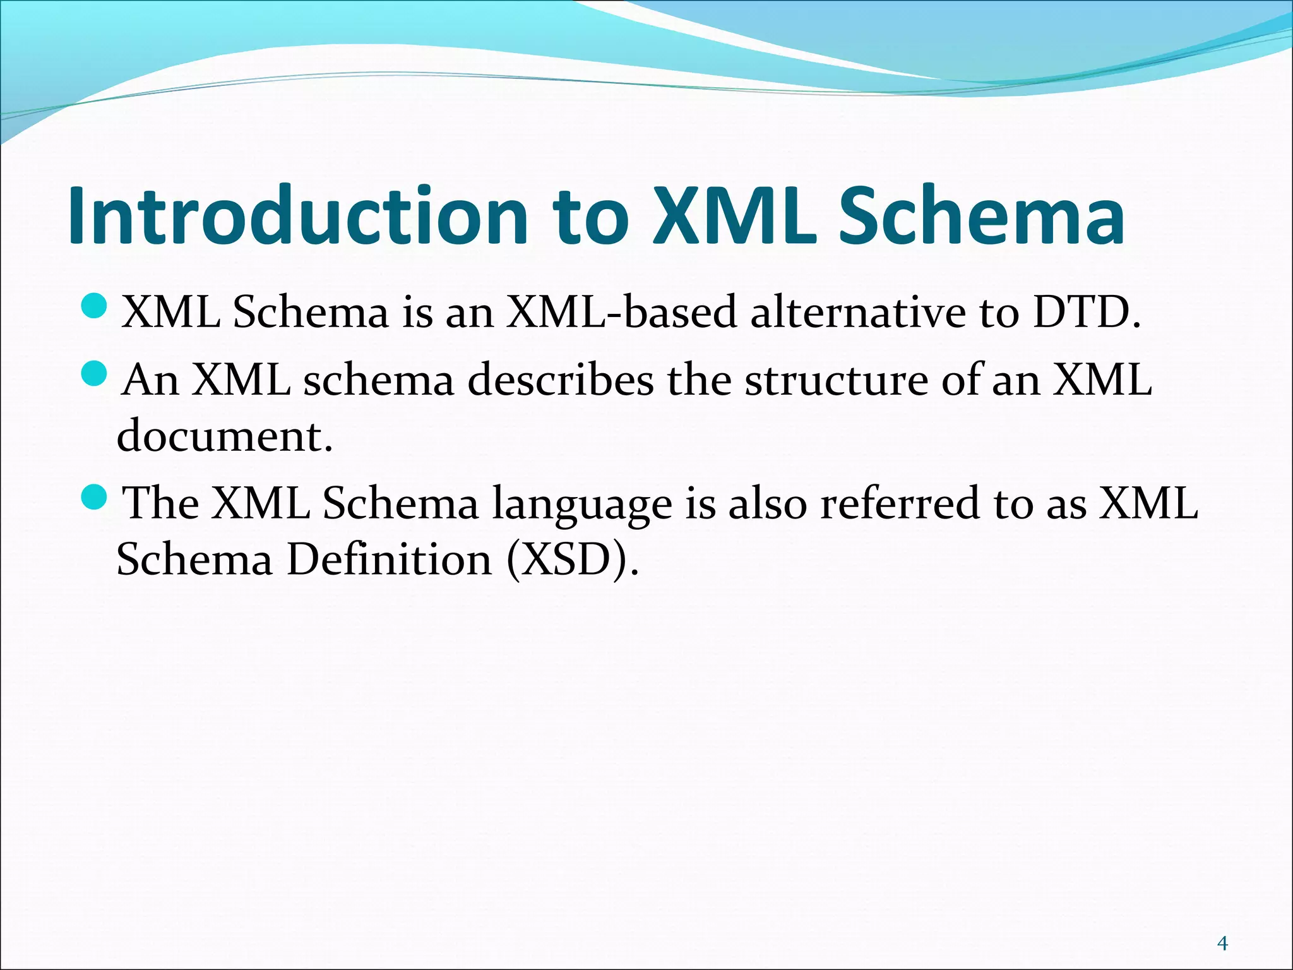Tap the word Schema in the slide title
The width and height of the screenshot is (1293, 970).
tap(981, 216)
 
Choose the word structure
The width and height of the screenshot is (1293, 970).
tap(836, 380)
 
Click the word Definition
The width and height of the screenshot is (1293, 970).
tap(389, 560)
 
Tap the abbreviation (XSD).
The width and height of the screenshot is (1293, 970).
tap(571, 560)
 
